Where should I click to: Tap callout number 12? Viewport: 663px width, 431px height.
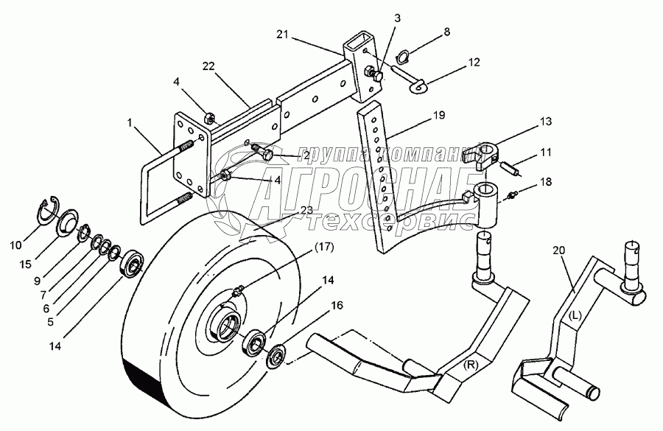coord(474,62)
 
